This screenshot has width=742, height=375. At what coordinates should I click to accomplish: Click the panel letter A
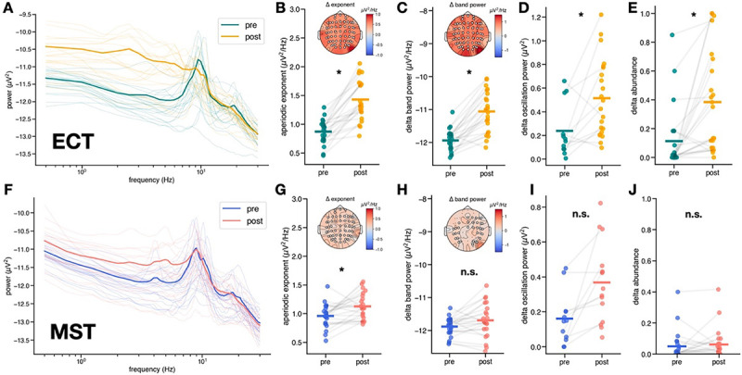7,7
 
